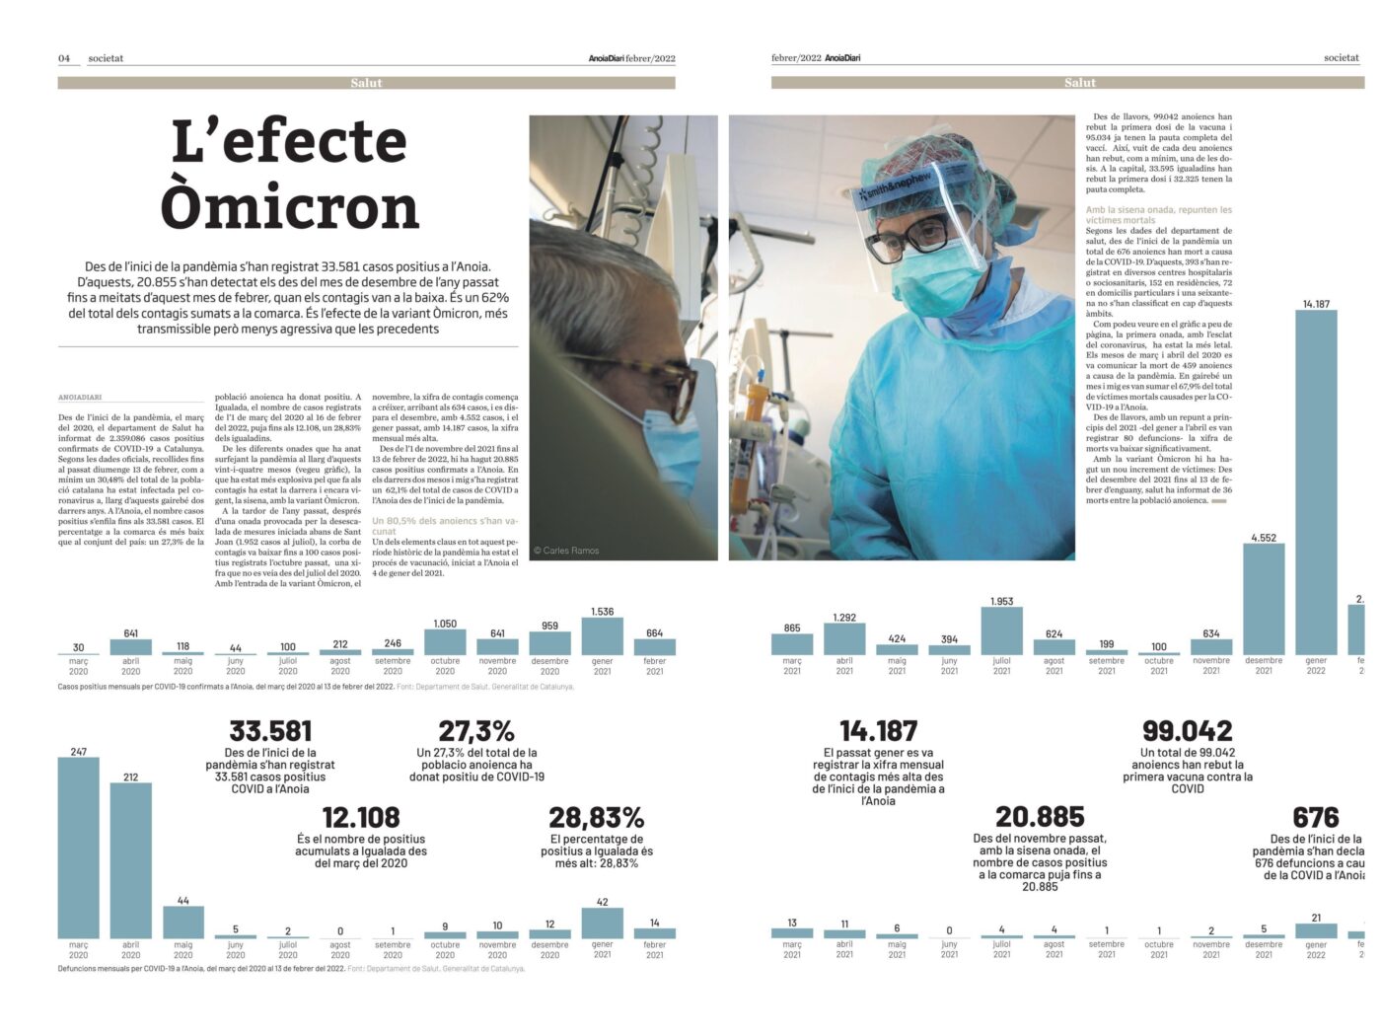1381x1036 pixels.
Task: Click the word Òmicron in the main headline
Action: [289, 207]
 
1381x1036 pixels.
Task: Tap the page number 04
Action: [64, 58]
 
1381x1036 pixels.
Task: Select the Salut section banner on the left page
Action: [366, 83]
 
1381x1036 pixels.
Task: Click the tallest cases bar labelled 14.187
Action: [1316, 483]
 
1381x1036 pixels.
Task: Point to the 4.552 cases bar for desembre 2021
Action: [1264, 599]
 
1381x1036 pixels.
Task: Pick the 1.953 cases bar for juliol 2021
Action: [1001, 630]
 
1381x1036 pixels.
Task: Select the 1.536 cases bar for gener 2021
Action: [602, 636]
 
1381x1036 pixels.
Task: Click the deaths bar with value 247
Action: [79, 847]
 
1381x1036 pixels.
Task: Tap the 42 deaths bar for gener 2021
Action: [602, 923]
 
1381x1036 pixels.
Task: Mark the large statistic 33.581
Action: [270, 731]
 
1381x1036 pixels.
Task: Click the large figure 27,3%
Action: [476, 731]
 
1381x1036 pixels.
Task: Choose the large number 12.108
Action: [361, 817]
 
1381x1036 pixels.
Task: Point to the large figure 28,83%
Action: [596, 817]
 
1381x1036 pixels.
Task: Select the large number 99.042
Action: [1187, 731]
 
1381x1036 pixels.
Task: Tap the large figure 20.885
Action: [1040, 817]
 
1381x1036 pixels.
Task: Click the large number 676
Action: [1315, 817]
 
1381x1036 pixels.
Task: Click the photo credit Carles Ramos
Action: [566, 551]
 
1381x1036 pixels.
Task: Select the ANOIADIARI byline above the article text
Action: [80, 398]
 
